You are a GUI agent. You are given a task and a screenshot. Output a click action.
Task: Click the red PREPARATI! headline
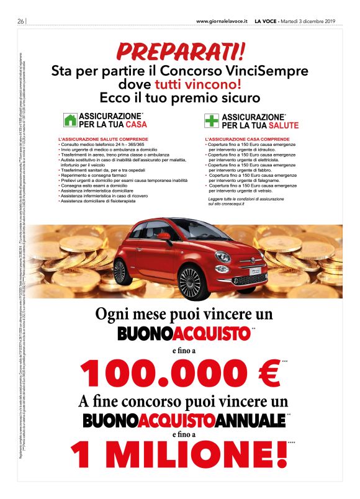point(180,50)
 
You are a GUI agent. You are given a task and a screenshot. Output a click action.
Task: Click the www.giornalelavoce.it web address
point(222,21)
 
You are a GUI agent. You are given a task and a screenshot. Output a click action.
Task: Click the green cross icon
point(213,120)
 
